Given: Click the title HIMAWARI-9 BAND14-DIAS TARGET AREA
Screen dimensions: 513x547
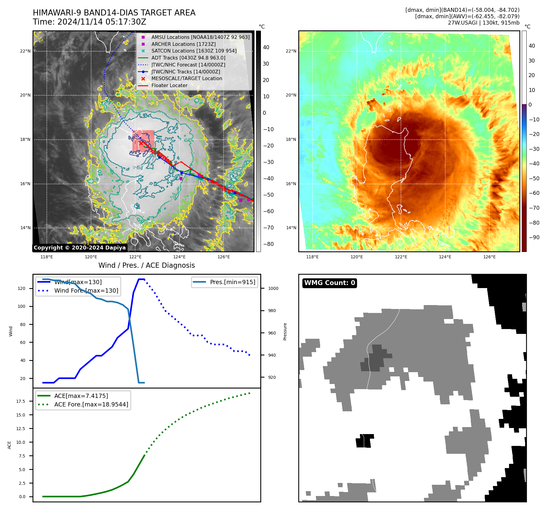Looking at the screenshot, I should pyautogui.click(x=114, y=13).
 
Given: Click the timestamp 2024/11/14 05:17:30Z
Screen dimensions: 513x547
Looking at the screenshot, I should pyautogui.click(x=101, y=22).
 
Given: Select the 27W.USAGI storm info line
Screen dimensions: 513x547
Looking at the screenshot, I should pyautogui.click(x=484, y=23).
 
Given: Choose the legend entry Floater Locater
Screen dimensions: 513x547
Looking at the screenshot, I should pyautogui.click(x=169, y=86).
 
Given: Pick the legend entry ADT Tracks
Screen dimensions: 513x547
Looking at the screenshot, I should pyautogui.click(x=188, y=58).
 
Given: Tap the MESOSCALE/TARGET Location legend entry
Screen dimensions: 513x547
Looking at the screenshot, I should pyautogui.click(x=186, y=79).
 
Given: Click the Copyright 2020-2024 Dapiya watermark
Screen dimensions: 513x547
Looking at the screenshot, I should pyautogui.click(x=80, y=248).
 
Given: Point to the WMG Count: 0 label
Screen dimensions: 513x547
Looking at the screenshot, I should pyautogui.click(x=330, y=283).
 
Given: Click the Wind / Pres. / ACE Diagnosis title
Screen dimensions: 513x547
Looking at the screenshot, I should pyautogui.click(x=146, y=265).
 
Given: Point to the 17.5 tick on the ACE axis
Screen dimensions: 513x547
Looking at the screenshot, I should pyautogui.click(x=21, y=401).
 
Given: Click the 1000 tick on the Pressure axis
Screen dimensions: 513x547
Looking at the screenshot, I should pyautogui.click(x=273, y=288).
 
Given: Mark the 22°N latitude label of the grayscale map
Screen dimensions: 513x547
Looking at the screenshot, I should pyautogui.click(x=25, y=51).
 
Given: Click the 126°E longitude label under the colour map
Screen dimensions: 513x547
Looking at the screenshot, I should pyautogui.click(x=489, y=257).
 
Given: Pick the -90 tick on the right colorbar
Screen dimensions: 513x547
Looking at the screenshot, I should pyautogui.click(x=534, y=237).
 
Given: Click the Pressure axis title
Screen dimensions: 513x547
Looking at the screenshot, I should pyautogui.click(x=285, y=331).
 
